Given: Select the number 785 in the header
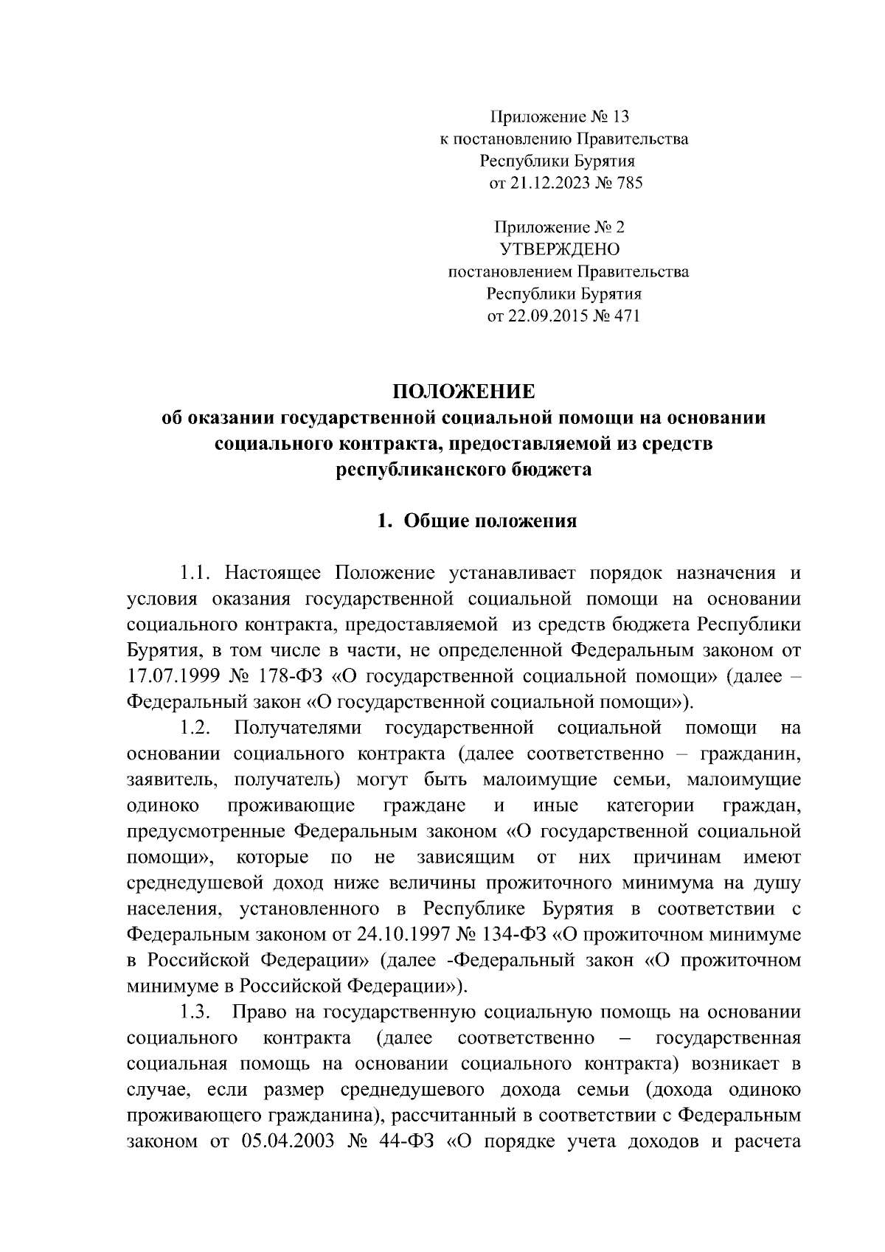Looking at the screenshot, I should point(628,183).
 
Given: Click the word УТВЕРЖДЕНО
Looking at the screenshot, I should point(560,249).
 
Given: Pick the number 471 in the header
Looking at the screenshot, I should point(626,316).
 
